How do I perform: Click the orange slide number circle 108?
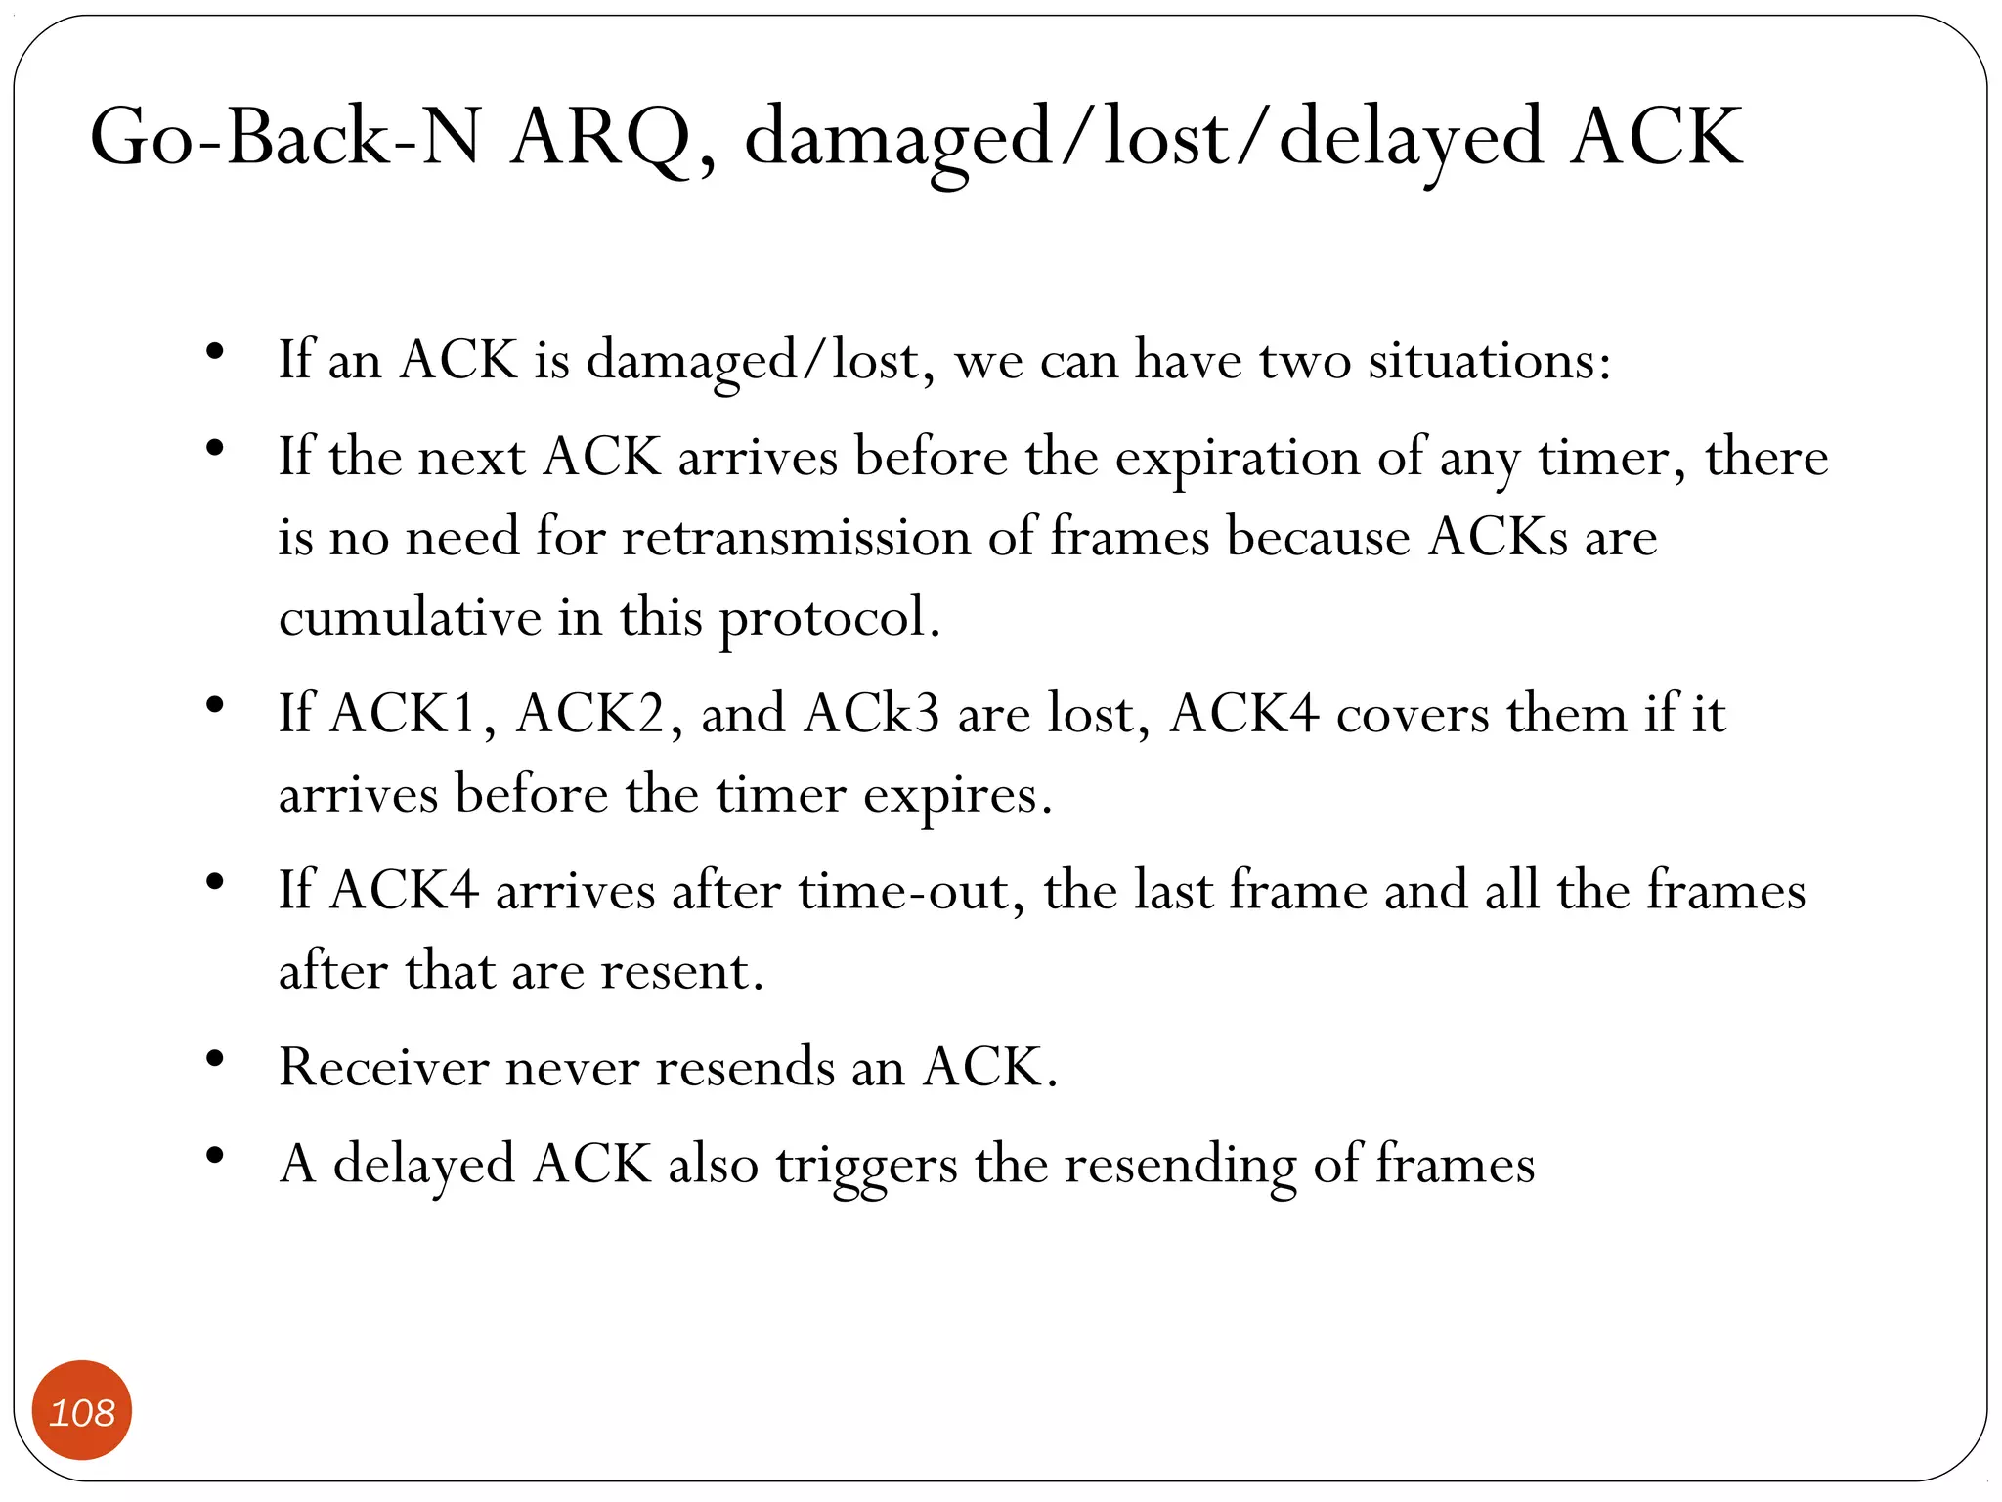[x=82, y=1410]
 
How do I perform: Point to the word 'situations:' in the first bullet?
[x=1489, y=360]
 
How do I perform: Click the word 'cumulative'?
[x=410, y=618]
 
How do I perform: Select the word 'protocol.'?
[x=830, y=618]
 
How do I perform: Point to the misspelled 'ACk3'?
[x=872, y=714]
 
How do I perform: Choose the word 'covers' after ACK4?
[x=1414, y=714]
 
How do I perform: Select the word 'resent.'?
[x=681, y=971]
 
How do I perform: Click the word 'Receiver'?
[x=383, y=1067]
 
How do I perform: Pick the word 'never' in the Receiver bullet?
[x=572, y=1067]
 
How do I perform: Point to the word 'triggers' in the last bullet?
[x=866, y=1166]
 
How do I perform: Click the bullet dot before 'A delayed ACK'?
[x=215, y=1156]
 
